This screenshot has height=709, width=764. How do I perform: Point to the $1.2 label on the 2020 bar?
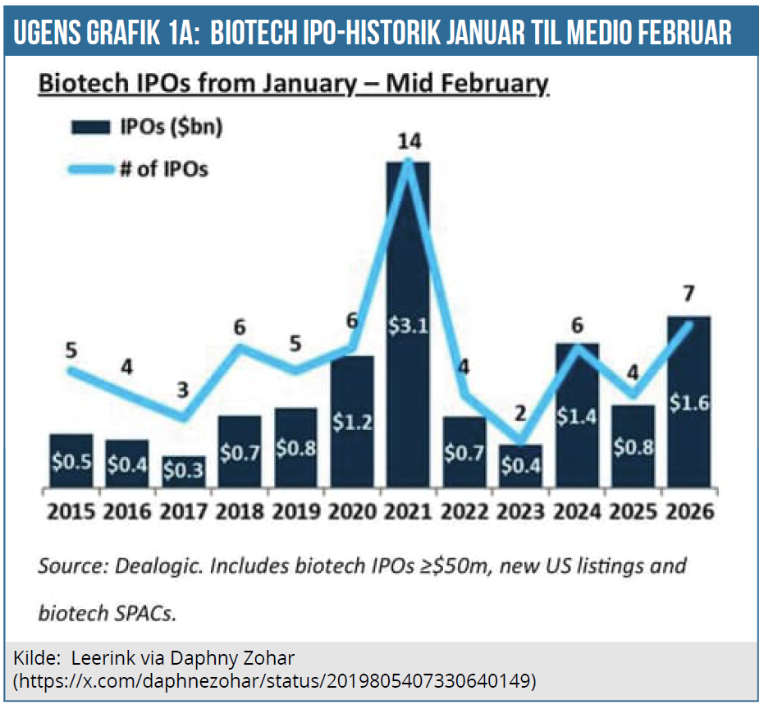(352, 422)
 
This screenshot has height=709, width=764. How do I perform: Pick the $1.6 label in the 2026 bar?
(688, 402)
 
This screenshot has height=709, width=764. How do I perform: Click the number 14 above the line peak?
(409, 140)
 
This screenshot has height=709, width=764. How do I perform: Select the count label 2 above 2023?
(519, 413)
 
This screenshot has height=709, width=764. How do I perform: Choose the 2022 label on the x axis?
(464, 511)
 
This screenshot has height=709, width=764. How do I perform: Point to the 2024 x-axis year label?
(577, 511)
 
